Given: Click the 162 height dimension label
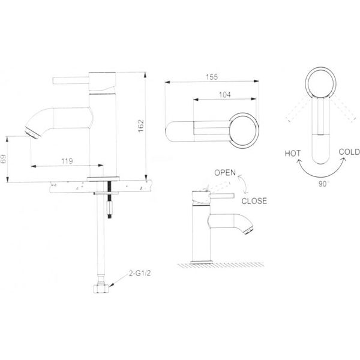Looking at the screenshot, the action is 141,125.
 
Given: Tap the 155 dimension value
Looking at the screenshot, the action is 211,77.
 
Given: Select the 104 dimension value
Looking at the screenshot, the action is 225,95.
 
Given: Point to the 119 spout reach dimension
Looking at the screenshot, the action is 67,161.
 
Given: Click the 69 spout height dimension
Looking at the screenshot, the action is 4,159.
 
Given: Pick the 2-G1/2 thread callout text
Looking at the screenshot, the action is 140,274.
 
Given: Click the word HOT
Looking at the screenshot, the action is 293,154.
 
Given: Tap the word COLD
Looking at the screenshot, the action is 349,152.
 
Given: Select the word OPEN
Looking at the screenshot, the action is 225,173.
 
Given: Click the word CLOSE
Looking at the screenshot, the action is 254,201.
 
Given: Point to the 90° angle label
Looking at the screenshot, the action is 323,184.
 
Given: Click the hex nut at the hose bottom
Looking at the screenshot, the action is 101,289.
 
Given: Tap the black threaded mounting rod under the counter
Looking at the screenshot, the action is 110,199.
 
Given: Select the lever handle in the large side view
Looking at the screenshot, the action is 71,80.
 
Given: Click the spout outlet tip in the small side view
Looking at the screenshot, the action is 249,229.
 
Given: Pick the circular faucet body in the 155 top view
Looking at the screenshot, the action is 244,130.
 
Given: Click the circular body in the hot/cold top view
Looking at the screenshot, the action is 321,83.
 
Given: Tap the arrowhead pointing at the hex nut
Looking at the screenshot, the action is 112,285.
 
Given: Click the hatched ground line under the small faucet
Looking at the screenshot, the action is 221,265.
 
